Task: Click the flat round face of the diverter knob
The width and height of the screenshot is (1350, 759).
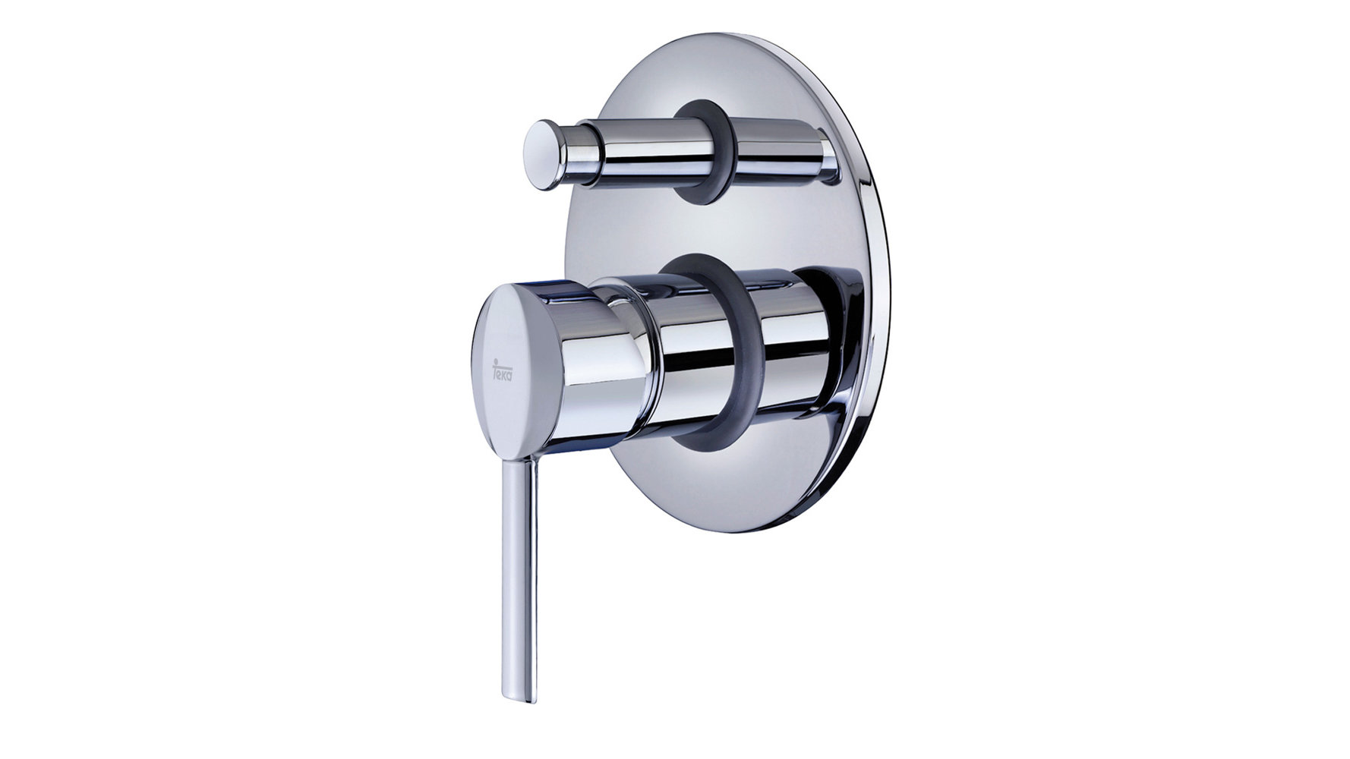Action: [x=541, y=155]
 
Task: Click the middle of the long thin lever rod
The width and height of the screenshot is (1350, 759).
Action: [x=522, y=577]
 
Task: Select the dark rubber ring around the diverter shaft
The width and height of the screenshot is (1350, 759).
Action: [x=707, y=152]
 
